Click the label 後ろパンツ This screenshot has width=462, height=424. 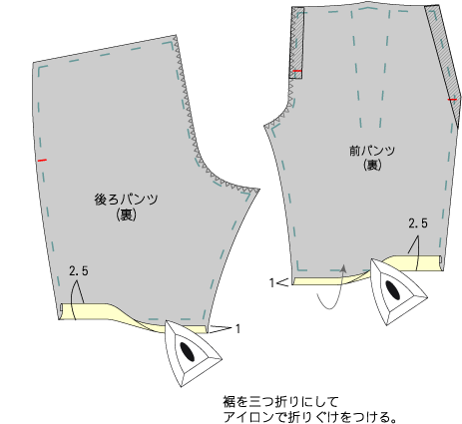point(126,200)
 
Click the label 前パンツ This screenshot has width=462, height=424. point(372,151)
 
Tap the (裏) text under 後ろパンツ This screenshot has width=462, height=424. point(127,214)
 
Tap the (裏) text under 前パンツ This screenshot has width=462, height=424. point(372,165)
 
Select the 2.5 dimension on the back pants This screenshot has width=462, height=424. point(79,271)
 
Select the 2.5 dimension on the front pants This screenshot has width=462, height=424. point(418,223)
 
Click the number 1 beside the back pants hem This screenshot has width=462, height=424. point(237,328)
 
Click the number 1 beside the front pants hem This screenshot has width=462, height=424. point(271,283)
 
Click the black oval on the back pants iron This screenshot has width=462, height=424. point(188,351)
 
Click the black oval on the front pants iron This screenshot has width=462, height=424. point(392,289)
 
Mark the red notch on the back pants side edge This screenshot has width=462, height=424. point(42,161)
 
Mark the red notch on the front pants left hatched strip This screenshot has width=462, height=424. point(297,71)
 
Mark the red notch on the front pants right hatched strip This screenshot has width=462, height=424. point(452,100)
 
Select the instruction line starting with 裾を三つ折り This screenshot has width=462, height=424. point(281,401)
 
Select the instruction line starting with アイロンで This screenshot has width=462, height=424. point(310,416)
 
